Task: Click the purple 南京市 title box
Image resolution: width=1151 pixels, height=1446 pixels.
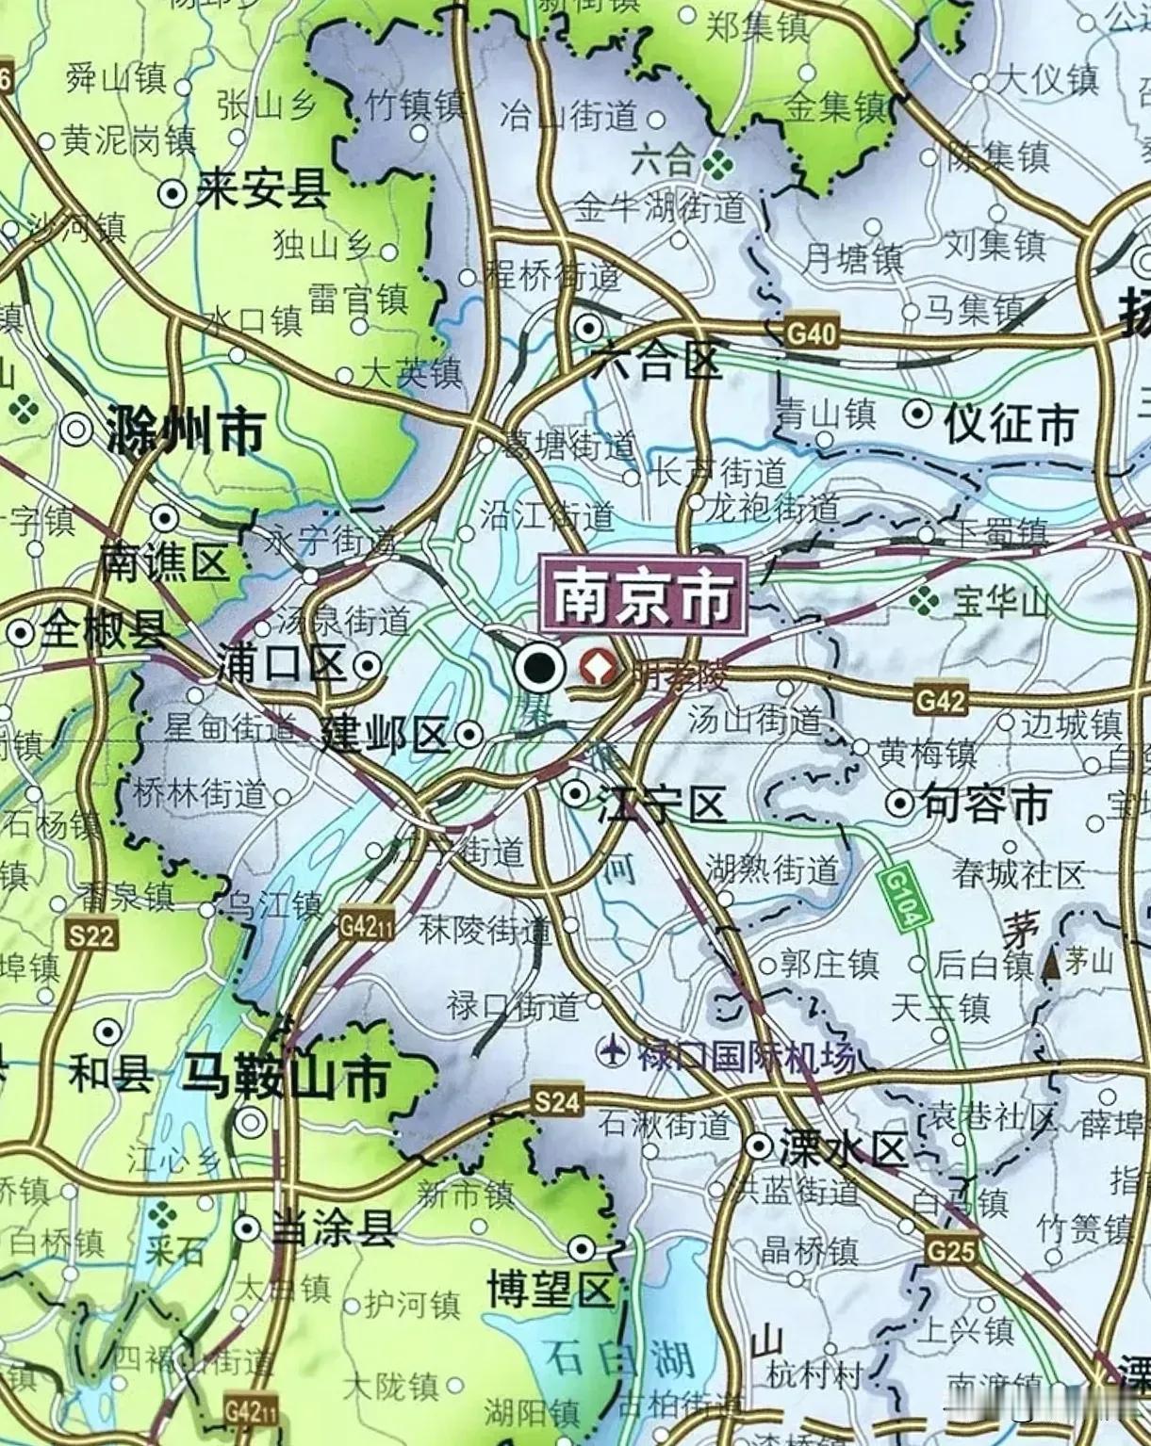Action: [643, 595]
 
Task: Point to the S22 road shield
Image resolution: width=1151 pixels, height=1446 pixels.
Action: [90, 934]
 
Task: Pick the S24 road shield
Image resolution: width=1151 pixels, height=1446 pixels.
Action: [557, 1100]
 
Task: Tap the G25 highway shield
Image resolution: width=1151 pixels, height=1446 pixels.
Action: [950, 1249]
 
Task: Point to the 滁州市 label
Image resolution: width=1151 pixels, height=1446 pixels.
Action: [185, 430]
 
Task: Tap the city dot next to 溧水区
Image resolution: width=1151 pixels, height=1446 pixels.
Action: [758, 1145]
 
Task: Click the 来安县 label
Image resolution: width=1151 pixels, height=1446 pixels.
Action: [263, 192]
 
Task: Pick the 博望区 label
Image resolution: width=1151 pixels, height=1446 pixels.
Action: [550, 1288]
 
